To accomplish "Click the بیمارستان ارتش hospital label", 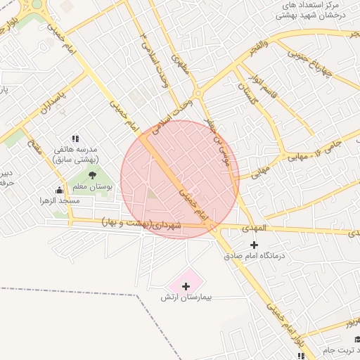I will [186, 298].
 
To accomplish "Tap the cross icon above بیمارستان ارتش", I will [186, 286].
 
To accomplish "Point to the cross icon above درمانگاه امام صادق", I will [255, 244].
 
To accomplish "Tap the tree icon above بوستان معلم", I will [92, 175].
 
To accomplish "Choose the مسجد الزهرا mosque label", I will [59, 201].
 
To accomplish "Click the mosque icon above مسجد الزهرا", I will [59, 190].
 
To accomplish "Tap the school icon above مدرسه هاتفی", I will [75, 139].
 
